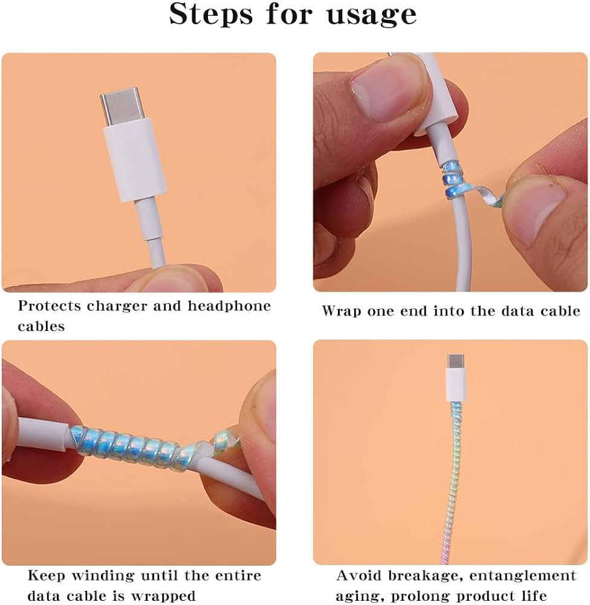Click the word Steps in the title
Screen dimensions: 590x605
(x=211, y=14)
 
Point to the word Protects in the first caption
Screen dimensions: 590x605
(x=50, y=306)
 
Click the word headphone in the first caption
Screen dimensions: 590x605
(x=229, y=306)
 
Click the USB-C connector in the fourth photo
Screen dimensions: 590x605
(x=456, y=378)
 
